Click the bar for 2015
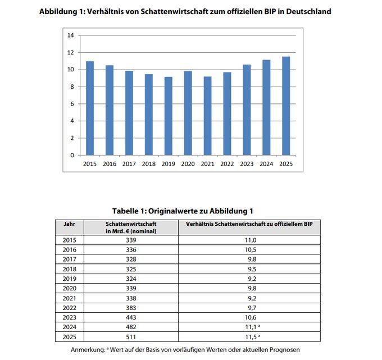pyautogui.click(x=90, y=108)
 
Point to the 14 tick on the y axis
pyautogui.click(x=71, y=35)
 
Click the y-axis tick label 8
pyautogui.click(x=72, y=86)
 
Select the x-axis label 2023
pyautogui.click(x=247, y=164)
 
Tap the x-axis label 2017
pyautogui.click(x=129, y=164)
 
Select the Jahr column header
pyautogui.click(x=69, y=223)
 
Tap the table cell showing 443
pyautogui.click(x=130, y=318)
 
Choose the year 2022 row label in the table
pyautogui.click(x=69, y=308)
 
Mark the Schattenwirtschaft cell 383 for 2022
pyautogui.click(x=130, y=308)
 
